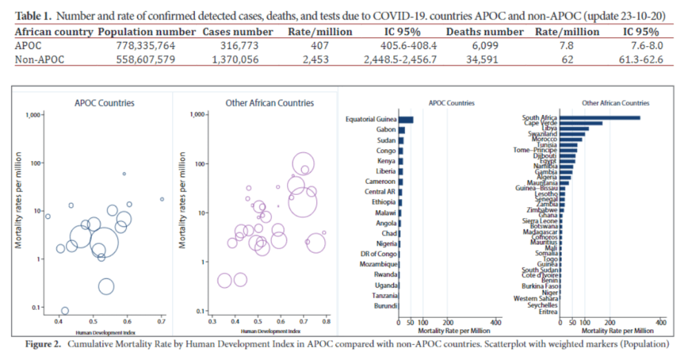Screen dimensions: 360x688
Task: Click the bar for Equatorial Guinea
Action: click(406, 119)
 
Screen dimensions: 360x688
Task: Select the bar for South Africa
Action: click(600, 118)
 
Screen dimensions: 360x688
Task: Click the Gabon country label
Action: click(386, 129)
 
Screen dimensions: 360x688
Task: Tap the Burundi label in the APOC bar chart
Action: click(384, 305)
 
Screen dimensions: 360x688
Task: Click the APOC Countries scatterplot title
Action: click(104, 103)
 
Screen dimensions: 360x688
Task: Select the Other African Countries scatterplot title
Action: click(269, 103)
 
